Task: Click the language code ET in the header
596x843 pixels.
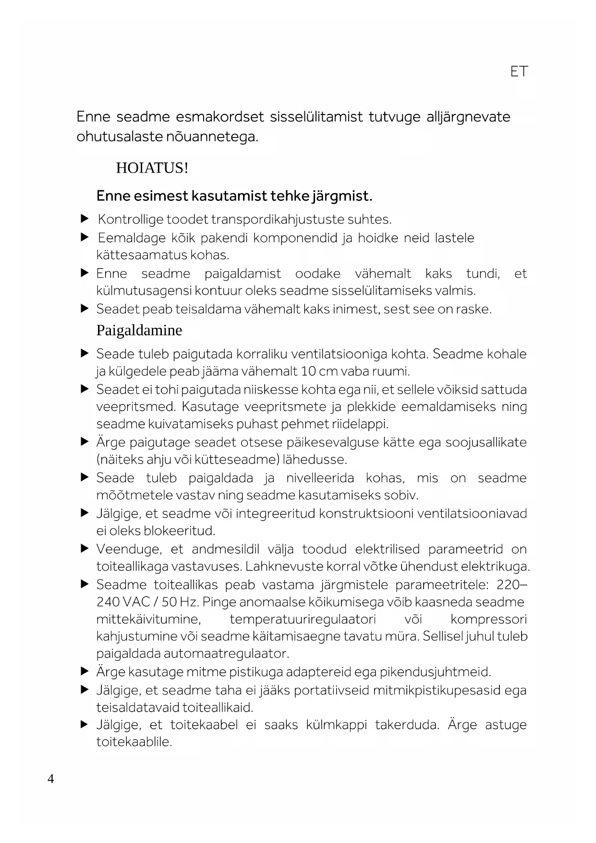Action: pyautogui.click(x=519, y=72)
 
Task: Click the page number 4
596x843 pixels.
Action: pyautogui.click(x=51, y=779)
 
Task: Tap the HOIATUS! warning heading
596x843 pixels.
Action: pyautogui.click(x=152, y=168)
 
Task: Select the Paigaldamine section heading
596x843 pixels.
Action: pyautogui.click(x=139, y=331)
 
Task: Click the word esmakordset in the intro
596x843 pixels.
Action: pyautogui.click(x=220, y=117)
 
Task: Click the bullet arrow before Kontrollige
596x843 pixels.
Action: pyautogui.click(x=85, y=219)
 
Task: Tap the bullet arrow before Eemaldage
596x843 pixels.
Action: pyautogui.click(x=85, y=237)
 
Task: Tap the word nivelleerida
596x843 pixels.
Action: pyautogui.click(x=320, y=478)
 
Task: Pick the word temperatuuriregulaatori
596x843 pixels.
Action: pyautogui.click(x=303, y=620)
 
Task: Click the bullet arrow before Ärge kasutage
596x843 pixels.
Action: pyautogui.click(x=85, y=671)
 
